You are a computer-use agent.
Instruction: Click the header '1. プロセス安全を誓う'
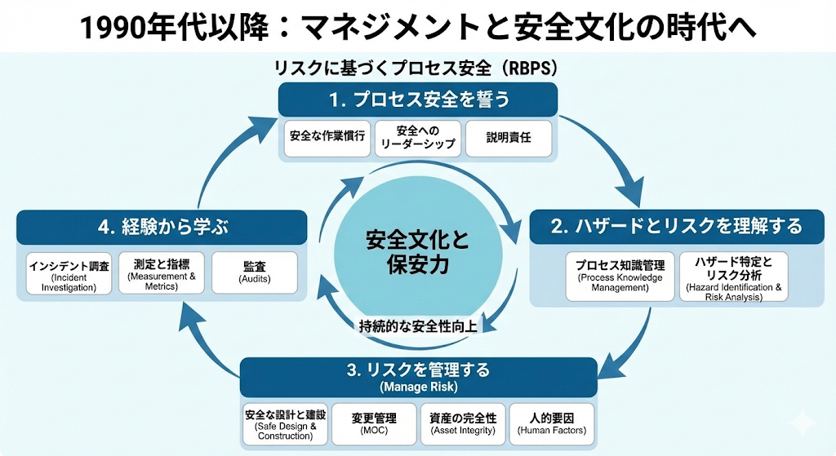point(418,100)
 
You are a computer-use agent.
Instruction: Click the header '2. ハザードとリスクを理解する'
point(677,226)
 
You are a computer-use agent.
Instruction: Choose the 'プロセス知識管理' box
point(620,277)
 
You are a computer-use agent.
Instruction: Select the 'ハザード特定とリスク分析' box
point(733,277)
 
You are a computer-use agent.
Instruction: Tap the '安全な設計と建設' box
point(285,424)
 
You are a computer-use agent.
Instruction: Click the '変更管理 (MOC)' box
point(374,424)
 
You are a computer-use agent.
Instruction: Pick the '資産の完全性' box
point(463,424)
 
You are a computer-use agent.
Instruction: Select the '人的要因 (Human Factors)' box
point(552,424)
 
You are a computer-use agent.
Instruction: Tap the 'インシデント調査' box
point(69,276)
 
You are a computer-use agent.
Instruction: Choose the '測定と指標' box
point(162,274)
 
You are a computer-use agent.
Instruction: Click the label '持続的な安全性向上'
point(418,326)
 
